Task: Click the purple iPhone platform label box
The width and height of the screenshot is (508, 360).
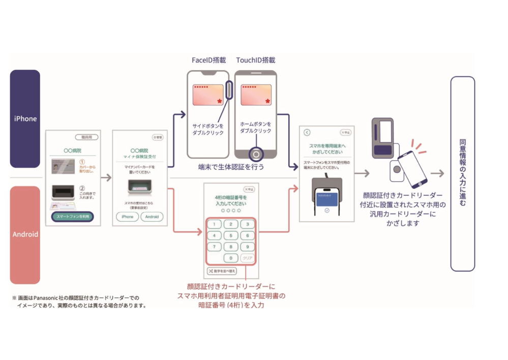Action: [25, 118]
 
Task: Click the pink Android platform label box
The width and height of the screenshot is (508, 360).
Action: [25, 234]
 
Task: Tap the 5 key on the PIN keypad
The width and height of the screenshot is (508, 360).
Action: [231, 235]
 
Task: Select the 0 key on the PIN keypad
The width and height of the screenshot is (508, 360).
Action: [231, 258]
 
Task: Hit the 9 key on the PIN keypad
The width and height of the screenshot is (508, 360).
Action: [247, 247]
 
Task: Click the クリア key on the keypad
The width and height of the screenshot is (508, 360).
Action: [247, 258]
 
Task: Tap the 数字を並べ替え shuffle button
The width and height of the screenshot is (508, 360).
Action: [221, 271]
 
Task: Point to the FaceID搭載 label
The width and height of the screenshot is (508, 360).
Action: [208, 60]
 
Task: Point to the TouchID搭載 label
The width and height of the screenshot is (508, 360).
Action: [255, 60]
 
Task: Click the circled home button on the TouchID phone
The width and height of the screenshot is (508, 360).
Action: [256, 154]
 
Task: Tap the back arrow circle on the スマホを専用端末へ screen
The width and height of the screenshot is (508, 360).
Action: [307, 132]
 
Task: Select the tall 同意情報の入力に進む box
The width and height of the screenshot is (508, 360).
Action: [462, 173]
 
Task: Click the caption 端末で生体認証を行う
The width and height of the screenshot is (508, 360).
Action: [231, 167]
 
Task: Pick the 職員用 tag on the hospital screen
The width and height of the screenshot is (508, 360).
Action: [87, 137]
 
